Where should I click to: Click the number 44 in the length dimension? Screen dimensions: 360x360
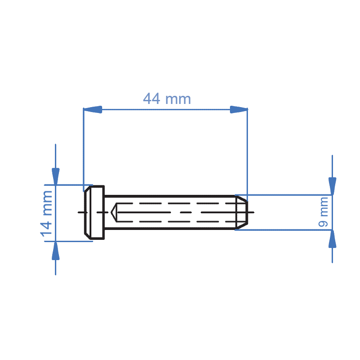coord(152,99)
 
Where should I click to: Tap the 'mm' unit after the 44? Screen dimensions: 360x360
coord(178,99)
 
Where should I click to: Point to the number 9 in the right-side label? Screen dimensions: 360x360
coord(324,223)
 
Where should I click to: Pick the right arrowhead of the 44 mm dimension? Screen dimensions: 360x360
coord(238,109)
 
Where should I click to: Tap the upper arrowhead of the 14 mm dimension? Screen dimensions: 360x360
coord(55,176)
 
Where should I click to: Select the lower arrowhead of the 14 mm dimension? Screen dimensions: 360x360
coord(55,250)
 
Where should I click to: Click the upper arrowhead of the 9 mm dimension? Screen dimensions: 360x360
coord(332,185)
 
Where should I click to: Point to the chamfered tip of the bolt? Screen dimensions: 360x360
coord(241,212)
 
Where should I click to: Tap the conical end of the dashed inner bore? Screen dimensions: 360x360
coord(115,212)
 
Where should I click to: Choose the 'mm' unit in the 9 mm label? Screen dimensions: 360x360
coord(324,205)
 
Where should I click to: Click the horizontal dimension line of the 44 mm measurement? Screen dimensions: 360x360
coord(166,109)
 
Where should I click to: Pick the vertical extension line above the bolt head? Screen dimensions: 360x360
coord(84,148)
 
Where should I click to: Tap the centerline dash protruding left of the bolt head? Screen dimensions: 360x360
coord(81,212)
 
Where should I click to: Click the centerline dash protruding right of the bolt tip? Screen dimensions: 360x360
coord(251,212)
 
